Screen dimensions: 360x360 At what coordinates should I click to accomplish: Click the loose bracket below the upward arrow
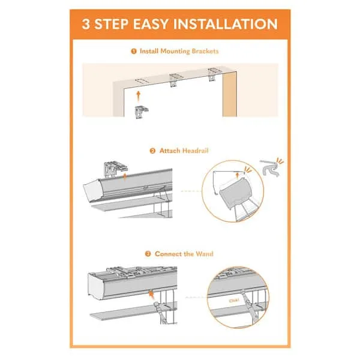pos(141,111)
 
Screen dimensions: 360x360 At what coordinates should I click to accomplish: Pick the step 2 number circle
pos(154,151)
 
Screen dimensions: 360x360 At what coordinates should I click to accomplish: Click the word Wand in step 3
pos(204,254)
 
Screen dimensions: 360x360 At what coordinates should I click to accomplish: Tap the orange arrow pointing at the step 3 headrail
pos(151,295)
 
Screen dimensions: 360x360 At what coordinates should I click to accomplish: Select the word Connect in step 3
pos(168,254)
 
